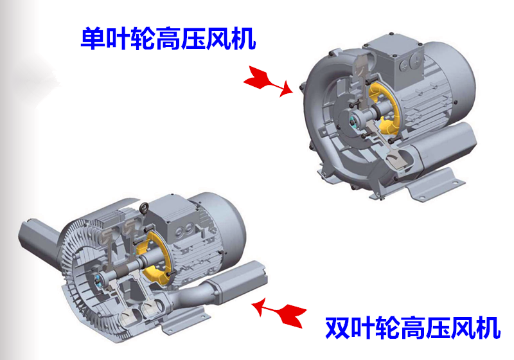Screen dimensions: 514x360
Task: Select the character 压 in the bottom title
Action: (x=438, y=328)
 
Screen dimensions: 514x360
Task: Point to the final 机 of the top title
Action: (x=244, y=39)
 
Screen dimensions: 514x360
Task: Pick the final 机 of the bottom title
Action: (x=488, y=328)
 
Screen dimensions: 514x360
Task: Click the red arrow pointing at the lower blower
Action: (x=279, y=312)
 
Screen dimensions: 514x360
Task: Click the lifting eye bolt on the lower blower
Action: (x=144, y=208)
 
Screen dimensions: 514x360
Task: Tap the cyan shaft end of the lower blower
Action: (x=97, y=280)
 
